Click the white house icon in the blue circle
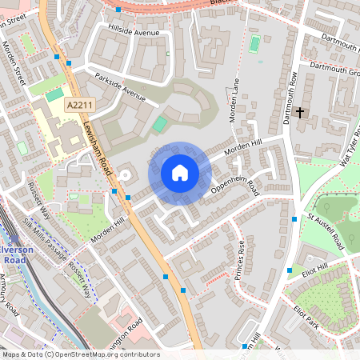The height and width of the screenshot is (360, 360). tap(180, 172)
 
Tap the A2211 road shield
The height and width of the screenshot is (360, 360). tap(79, 106)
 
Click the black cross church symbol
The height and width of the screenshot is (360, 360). tap(301, 113)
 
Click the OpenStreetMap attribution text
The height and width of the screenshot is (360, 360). tap(81, 354)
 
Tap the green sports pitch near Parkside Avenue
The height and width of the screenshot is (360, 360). tap(161, 125)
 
